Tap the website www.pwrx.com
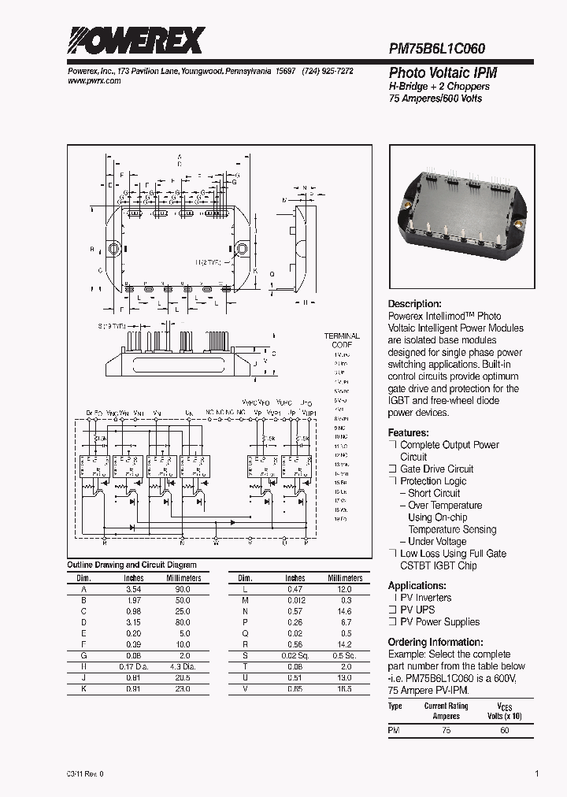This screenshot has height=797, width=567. [x=90, y=81]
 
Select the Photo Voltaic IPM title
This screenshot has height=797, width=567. [x=443, y=72]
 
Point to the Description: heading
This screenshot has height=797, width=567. [x=414, y=304]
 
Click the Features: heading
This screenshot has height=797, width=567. [x=408, y=433]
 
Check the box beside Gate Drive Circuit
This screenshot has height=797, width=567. [x=391, y=469]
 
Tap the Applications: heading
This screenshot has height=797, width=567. [x=417, y=586]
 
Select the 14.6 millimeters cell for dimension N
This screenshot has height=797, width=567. [x=345, y=611]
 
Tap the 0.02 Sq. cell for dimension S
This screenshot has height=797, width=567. [x=295, y=655]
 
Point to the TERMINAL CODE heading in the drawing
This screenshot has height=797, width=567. [x=342, y=340]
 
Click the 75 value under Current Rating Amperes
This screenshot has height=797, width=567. [x=447, y=731]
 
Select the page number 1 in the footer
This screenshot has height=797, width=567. [x=537, y=774]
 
